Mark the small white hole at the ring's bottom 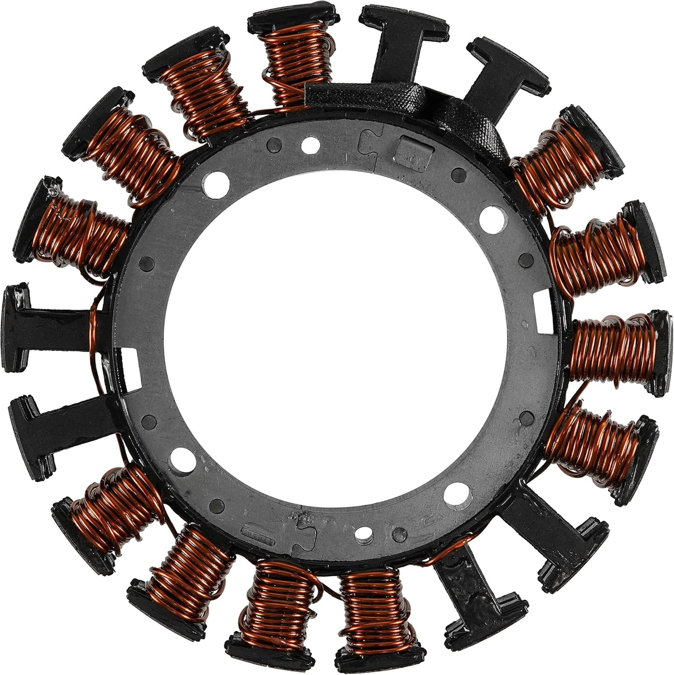click(x=362, y=533)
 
